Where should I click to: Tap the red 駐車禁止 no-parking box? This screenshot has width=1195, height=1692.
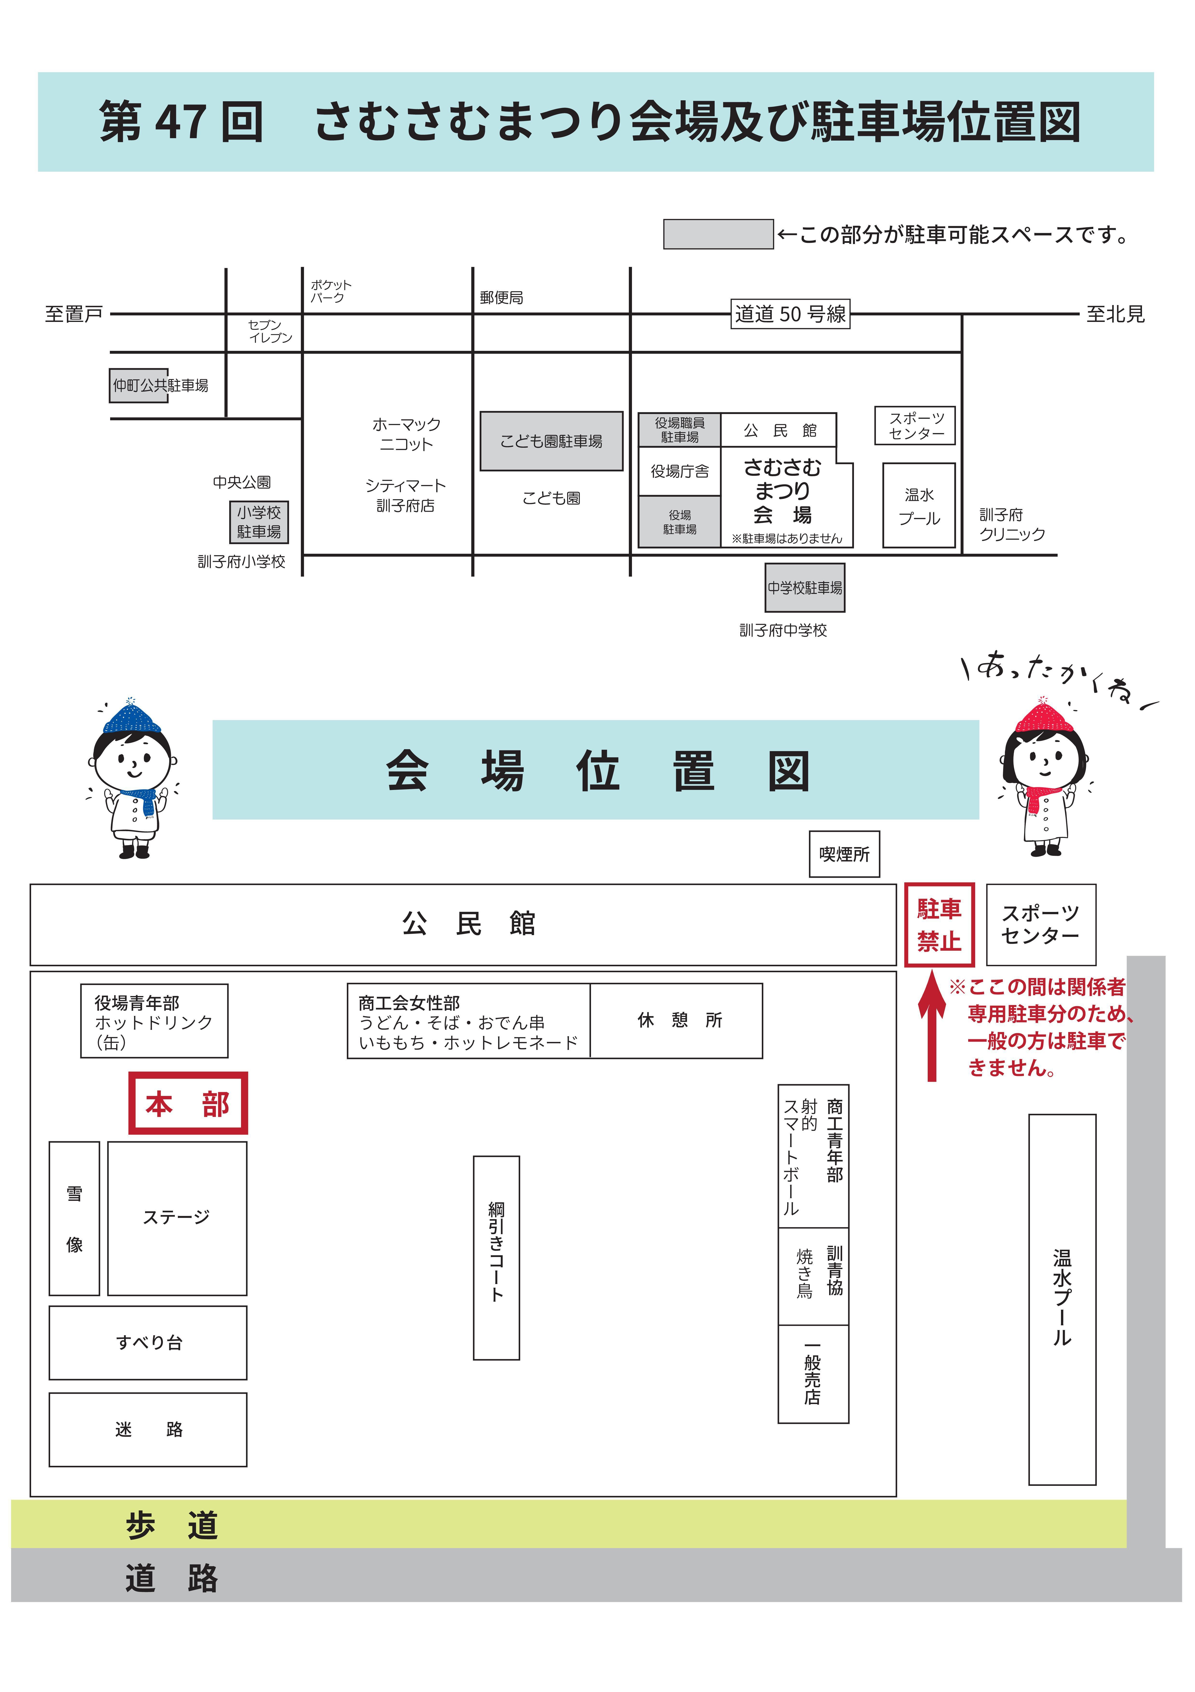[939, 925]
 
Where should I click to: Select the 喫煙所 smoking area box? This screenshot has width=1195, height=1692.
[844, 854]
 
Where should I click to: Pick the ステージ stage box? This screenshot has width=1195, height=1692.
[177, 1218]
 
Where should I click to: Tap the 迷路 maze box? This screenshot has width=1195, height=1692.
[148, 1430]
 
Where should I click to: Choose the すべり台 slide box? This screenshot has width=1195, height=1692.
[148, 1343]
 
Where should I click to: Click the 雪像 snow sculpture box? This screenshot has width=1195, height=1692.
[74, 1218]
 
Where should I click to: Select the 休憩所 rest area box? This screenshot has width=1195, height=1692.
[676, 1021]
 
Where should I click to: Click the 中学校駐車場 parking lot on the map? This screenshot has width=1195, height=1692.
[805, 587]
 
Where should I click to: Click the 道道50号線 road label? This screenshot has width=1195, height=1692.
[790, 314]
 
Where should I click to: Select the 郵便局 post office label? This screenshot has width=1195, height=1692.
[501, 298]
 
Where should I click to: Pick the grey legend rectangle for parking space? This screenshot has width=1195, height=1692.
[718, 234]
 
